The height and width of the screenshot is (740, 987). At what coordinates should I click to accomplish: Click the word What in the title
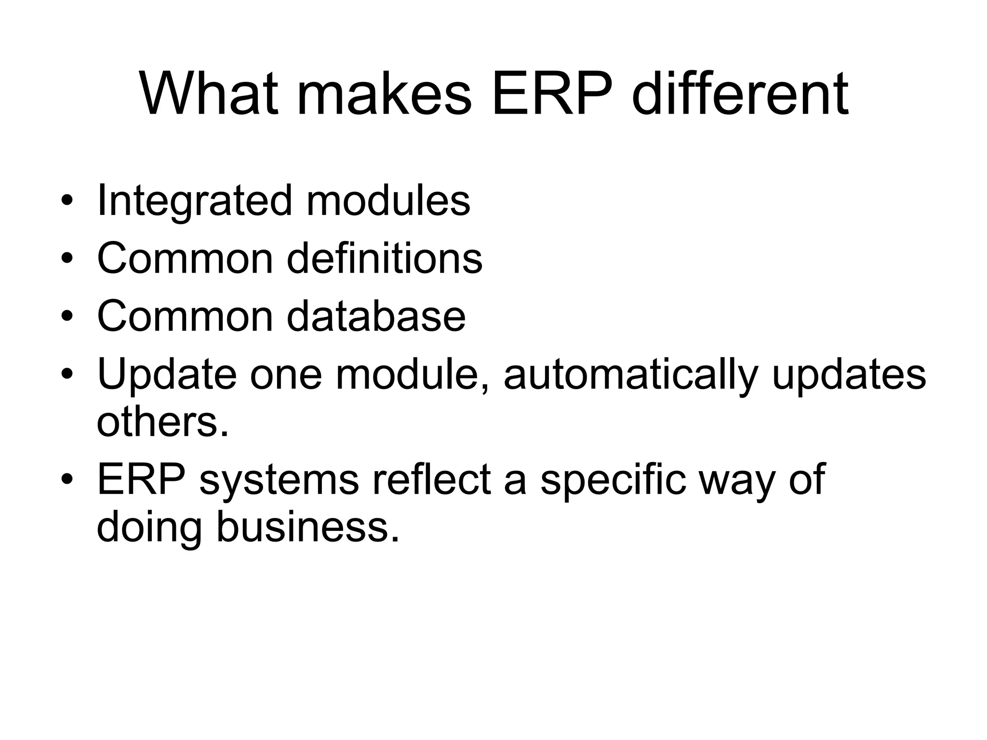209,94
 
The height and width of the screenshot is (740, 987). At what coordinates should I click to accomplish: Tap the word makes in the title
384,94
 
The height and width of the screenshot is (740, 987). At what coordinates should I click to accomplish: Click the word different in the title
740,94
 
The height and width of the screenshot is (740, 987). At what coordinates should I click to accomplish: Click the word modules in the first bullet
388,200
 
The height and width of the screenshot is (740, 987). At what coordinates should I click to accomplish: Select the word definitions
385,258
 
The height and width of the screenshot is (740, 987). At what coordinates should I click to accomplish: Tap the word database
376,316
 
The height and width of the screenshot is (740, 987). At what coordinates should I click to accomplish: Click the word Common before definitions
186,258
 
